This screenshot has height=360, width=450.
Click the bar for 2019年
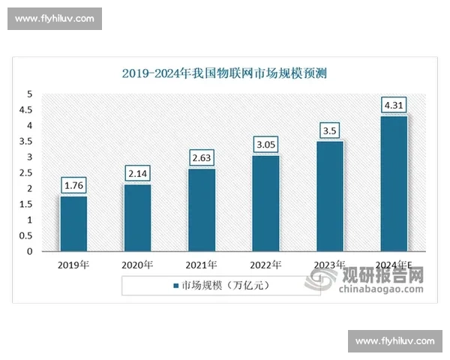(x=73, y=223)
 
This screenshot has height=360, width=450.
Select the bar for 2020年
(x=137, y=217)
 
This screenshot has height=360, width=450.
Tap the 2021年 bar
(x=202, y=210)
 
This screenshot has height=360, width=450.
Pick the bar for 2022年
(x=265, y=203)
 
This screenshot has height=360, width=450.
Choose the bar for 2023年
(x=329, y=196)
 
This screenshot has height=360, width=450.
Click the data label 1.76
(x=73, y=184)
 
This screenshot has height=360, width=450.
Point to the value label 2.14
(x=137, y=172)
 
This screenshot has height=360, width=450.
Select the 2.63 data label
(x=202, y=157)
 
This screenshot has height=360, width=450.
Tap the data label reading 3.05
(x=265, y=143)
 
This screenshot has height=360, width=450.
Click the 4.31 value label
(x=394, y=104)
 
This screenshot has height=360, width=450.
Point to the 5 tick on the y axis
(x=29, y=94)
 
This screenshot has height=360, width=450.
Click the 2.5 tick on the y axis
(x=28, y=173)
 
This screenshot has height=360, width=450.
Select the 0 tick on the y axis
(x=29, y=252)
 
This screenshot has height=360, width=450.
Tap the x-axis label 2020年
(x=137, y=265)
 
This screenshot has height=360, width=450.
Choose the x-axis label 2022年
(x=265, y=265)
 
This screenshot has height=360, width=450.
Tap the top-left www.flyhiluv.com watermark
(x=54, y=18)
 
